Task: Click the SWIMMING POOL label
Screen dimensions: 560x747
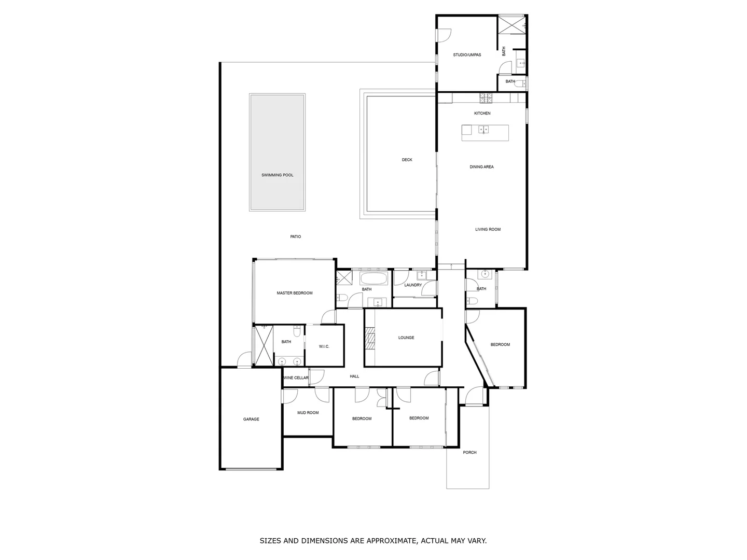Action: (x=277, y=175)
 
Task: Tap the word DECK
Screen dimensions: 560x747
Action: (x=407, y=160)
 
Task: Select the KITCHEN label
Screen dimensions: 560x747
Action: (x=482, y=113)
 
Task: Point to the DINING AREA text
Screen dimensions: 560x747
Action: (x=481, y=167)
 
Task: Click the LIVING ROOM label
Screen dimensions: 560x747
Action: (x=488, y=229)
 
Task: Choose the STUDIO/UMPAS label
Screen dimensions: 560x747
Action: (x=467, y=55)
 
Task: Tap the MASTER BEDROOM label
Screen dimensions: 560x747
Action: (x=294, y=293)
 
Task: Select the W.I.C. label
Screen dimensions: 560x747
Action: (x=324, y=347)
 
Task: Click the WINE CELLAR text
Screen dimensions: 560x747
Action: (x=296, y=378)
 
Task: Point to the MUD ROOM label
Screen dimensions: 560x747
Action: (x=308, y=413)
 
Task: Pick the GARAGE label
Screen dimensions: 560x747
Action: (x=251, y=419)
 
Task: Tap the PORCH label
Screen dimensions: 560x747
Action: (x=469, y=453)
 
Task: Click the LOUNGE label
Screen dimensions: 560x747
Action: (x=406, y=338)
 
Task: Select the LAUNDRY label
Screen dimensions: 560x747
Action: (x=413, y=285)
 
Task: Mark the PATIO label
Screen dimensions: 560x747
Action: (x=295, y=237)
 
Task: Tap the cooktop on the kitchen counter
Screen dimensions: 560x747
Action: (x=486, y=96)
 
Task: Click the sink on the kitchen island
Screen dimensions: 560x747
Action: (x=483, y=129)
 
